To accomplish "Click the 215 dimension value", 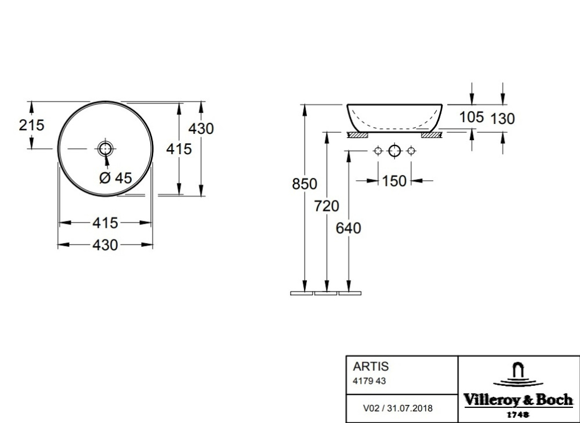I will click(32, 125).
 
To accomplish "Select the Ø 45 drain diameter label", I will click(115, 178).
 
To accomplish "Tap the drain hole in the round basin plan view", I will click(105, 148).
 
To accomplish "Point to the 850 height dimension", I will click(304, 184).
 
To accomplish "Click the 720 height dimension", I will click(327, 206).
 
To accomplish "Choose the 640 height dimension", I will click(348, 228).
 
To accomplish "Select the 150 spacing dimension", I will click(394, 181).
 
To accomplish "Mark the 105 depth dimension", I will click(471, 117).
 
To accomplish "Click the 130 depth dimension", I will click(502, 119).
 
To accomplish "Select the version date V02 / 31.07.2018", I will click(397, 408).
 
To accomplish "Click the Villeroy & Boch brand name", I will click(518, 400).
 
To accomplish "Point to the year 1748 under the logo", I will click(518, 414).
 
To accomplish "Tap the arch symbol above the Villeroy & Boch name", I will click(519, 371).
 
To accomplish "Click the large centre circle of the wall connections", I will click(394, 151).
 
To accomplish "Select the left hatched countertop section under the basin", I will click(357, 135).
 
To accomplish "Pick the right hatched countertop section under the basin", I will click(432, 135).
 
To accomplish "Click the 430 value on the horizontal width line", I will click(105, 245).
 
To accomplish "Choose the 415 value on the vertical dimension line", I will click(179, 149).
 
